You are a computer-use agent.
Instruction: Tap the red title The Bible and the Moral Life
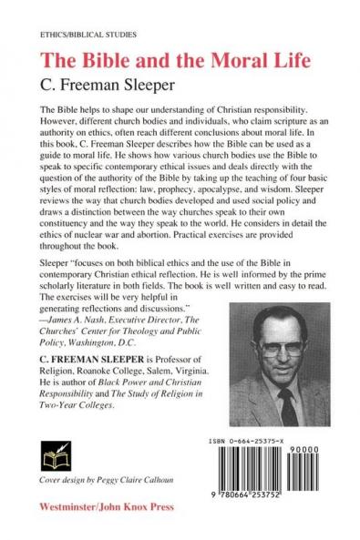click(x=166, y=61)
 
